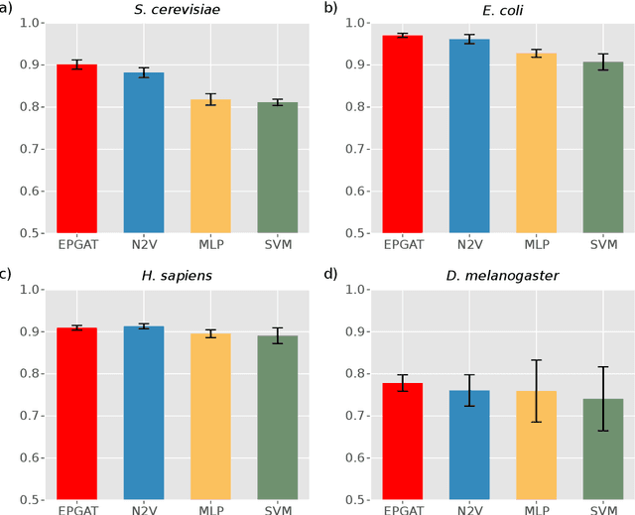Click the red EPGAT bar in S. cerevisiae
point(76,149)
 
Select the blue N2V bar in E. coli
point(469,136)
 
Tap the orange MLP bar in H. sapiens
point(210,416)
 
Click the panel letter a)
point(10,8)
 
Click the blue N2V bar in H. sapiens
point(144,412)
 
